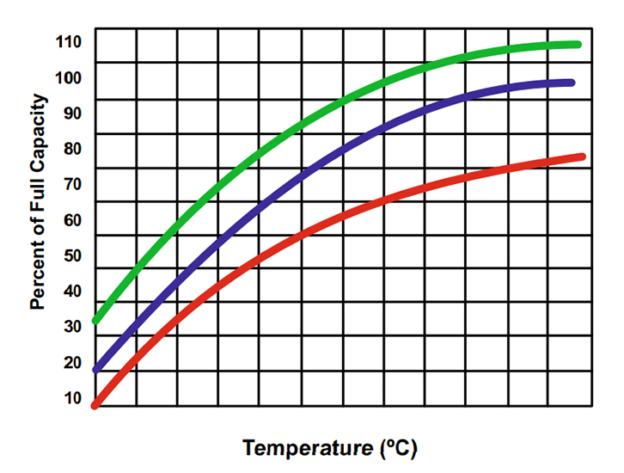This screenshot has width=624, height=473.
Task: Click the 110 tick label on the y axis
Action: (x=68, y=41)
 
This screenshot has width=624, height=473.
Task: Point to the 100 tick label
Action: (x=68, y=77)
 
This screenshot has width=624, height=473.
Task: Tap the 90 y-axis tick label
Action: (x=71, y=113)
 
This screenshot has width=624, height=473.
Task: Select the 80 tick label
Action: (x=71, y=149)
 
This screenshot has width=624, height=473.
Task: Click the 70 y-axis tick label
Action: (x=71, y=184)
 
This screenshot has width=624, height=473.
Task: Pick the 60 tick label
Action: (x=71, y=220)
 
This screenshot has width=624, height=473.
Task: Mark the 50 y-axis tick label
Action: (x=71, y=255)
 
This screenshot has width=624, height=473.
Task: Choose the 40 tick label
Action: (x=71, y=292)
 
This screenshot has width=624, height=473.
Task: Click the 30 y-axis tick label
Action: (x=71, y=327)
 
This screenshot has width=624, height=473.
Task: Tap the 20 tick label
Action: (x=71, y=363)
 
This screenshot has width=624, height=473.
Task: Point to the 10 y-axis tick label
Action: (x=71, y=398)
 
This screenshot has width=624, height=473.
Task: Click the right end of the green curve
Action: (x=578, y=45)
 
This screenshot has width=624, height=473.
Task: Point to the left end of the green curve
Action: (x=95, y=320)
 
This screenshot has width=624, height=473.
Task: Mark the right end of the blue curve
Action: (x=572, y=83)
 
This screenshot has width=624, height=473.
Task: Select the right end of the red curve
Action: (x=582, y=157)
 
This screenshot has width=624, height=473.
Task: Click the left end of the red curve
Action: (x=95, y=405)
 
